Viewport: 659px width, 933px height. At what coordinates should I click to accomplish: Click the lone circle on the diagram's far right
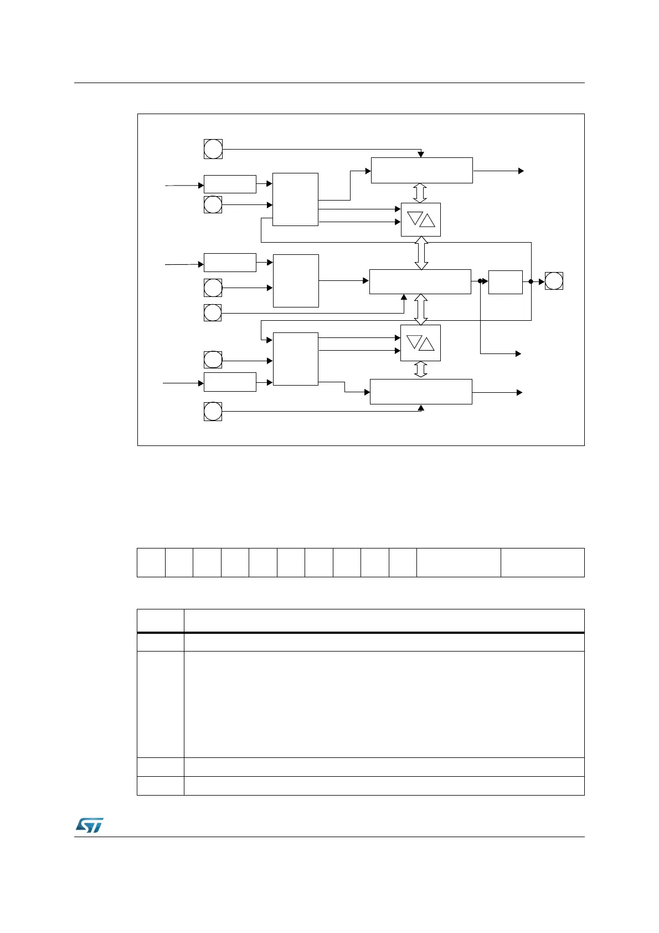[554, 281]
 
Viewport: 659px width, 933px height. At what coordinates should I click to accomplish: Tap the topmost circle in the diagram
[213, 149]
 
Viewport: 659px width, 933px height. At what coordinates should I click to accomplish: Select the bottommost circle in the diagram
[213, 412]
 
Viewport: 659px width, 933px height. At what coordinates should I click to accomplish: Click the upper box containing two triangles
[420, 219]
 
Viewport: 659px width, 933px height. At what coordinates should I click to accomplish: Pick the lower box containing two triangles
[420, 343]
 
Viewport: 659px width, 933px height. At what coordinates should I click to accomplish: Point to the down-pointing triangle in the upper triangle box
[415, 218]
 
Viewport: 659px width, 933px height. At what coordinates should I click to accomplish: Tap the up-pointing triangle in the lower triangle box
[426, 345]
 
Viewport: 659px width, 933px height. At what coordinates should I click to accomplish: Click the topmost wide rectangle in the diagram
[421, 170]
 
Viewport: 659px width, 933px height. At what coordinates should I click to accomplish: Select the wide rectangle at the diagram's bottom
[421, 392]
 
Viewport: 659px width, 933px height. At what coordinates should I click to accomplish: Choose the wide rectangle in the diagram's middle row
[420, 281]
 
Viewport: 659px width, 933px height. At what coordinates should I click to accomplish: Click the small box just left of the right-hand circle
[506, 282]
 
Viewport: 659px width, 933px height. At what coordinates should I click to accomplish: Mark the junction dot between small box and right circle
[531, 281]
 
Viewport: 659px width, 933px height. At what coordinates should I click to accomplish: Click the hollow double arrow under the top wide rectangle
[420, 193]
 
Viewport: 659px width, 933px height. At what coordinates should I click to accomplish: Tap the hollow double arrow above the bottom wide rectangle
[421, 370]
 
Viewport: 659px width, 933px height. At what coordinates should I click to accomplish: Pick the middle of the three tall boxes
[296, 280]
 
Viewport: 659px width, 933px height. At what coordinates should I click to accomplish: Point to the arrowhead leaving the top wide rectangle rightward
[521, 171]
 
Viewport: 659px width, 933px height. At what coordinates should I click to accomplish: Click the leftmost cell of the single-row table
[151, 562]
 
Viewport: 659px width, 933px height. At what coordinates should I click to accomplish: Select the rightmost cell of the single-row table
[542, 562]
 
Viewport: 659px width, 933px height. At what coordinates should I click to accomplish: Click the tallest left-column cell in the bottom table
[161, 704]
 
